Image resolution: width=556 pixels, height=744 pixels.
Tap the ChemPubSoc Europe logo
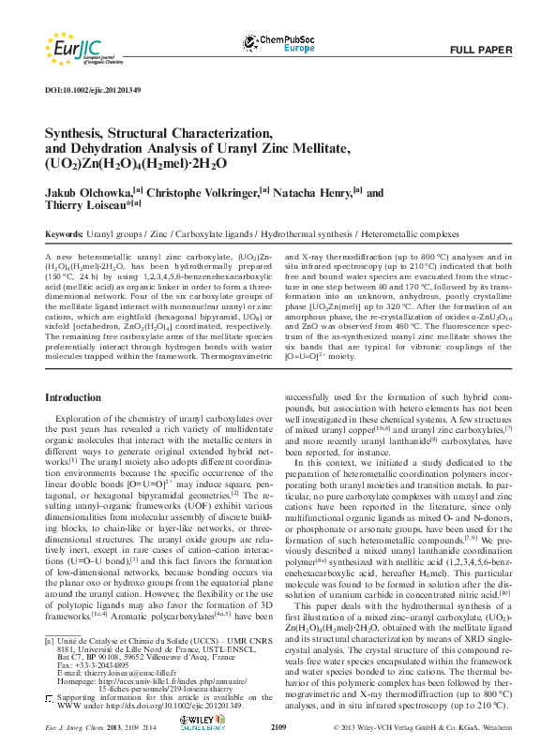(280, 43)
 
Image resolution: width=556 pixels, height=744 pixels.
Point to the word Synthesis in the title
(79, 133)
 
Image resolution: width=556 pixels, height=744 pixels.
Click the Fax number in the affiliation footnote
(94, 663)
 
